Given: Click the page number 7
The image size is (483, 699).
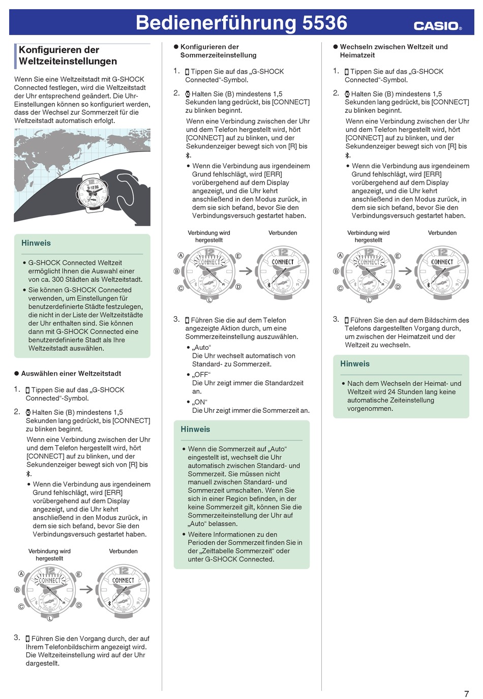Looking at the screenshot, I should pyautogui.click(x=466, y=693).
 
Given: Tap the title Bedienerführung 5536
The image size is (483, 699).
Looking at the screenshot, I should pyautogui.click(x=242, y=23).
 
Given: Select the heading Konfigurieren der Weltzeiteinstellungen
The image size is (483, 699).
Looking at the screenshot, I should pyautogui.click(x=68, y=55).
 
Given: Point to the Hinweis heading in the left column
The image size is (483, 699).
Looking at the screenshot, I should pyautogui.click(x=36, y=243).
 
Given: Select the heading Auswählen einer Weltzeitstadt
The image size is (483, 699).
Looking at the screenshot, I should pyautogui.click(x=71, y=373).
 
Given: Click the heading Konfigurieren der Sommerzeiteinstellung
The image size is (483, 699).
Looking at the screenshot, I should pyautogui.click(x=218, y=51).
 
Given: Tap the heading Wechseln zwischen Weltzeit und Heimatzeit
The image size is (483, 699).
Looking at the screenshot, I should pyautogui.click(x=394, y=51).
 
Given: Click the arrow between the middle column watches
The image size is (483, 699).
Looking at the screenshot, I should pyautogui.click(x=246, y=271).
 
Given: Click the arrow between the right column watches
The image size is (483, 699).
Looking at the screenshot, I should pyautogui.click(x=405, y=271).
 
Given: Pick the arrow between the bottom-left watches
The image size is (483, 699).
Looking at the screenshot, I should pyautogui.click(x=86, y=590).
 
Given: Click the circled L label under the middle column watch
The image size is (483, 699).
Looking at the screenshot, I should pyautogui.click(x=209, y=300).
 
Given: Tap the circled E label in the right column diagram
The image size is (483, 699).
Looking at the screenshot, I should pyautogui.click(x=398, y=256).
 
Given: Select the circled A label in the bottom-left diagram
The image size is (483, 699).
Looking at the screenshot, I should pyautogui.click(x=21, y=574).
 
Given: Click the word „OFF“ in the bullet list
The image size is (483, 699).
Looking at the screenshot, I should pyautogui.click(x=201, y=375).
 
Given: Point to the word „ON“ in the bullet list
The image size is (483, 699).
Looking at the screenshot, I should pyautogui.click(x=200, y=402).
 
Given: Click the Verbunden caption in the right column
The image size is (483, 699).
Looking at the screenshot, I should pyautogui.click(x=442, y=233).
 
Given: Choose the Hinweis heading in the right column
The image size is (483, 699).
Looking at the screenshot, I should pyautogui.click(x=355, y=364).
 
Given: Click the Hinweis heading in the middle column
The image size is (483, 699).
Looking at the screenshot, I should pyautogui.click(x=195, y=429).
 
